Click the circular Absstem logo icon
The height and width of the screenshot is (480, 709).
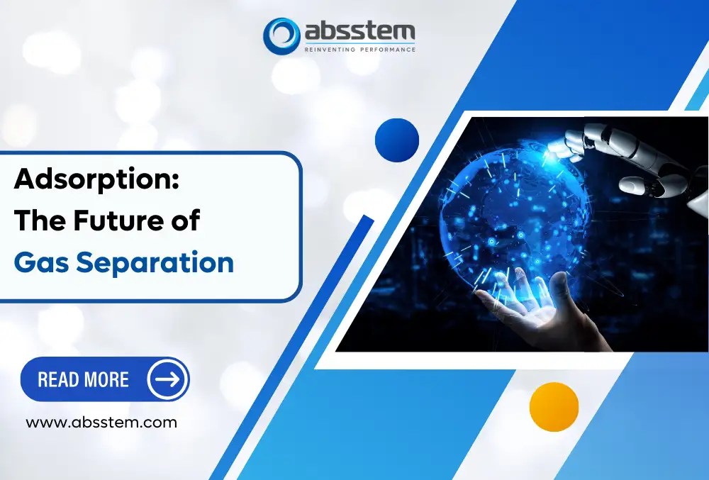pos(281,35)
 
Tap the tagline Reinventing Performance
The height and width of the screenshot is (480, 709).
pos(359,49)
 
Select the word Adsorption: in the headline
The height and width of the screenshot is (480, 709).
pos(96,179)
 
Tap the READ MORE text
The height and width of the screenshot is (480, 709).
pos(83,379)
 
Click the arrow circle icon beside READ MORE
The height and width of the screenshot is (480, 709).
pos(167,379)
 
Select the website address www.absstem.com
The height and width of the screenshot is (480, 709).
pos(101,423)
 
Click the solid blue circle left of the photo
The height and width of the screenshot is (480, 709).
pos(397,140)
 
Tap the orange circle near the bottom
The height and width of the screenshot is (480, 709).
pos(554,407)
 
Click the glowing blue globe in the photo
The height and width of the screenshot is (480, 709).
pos(496,213)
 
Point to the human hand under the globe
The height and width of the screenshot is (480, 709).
pos(528,305)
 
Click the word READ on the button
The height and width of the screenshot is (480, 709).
pos(58,379)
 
